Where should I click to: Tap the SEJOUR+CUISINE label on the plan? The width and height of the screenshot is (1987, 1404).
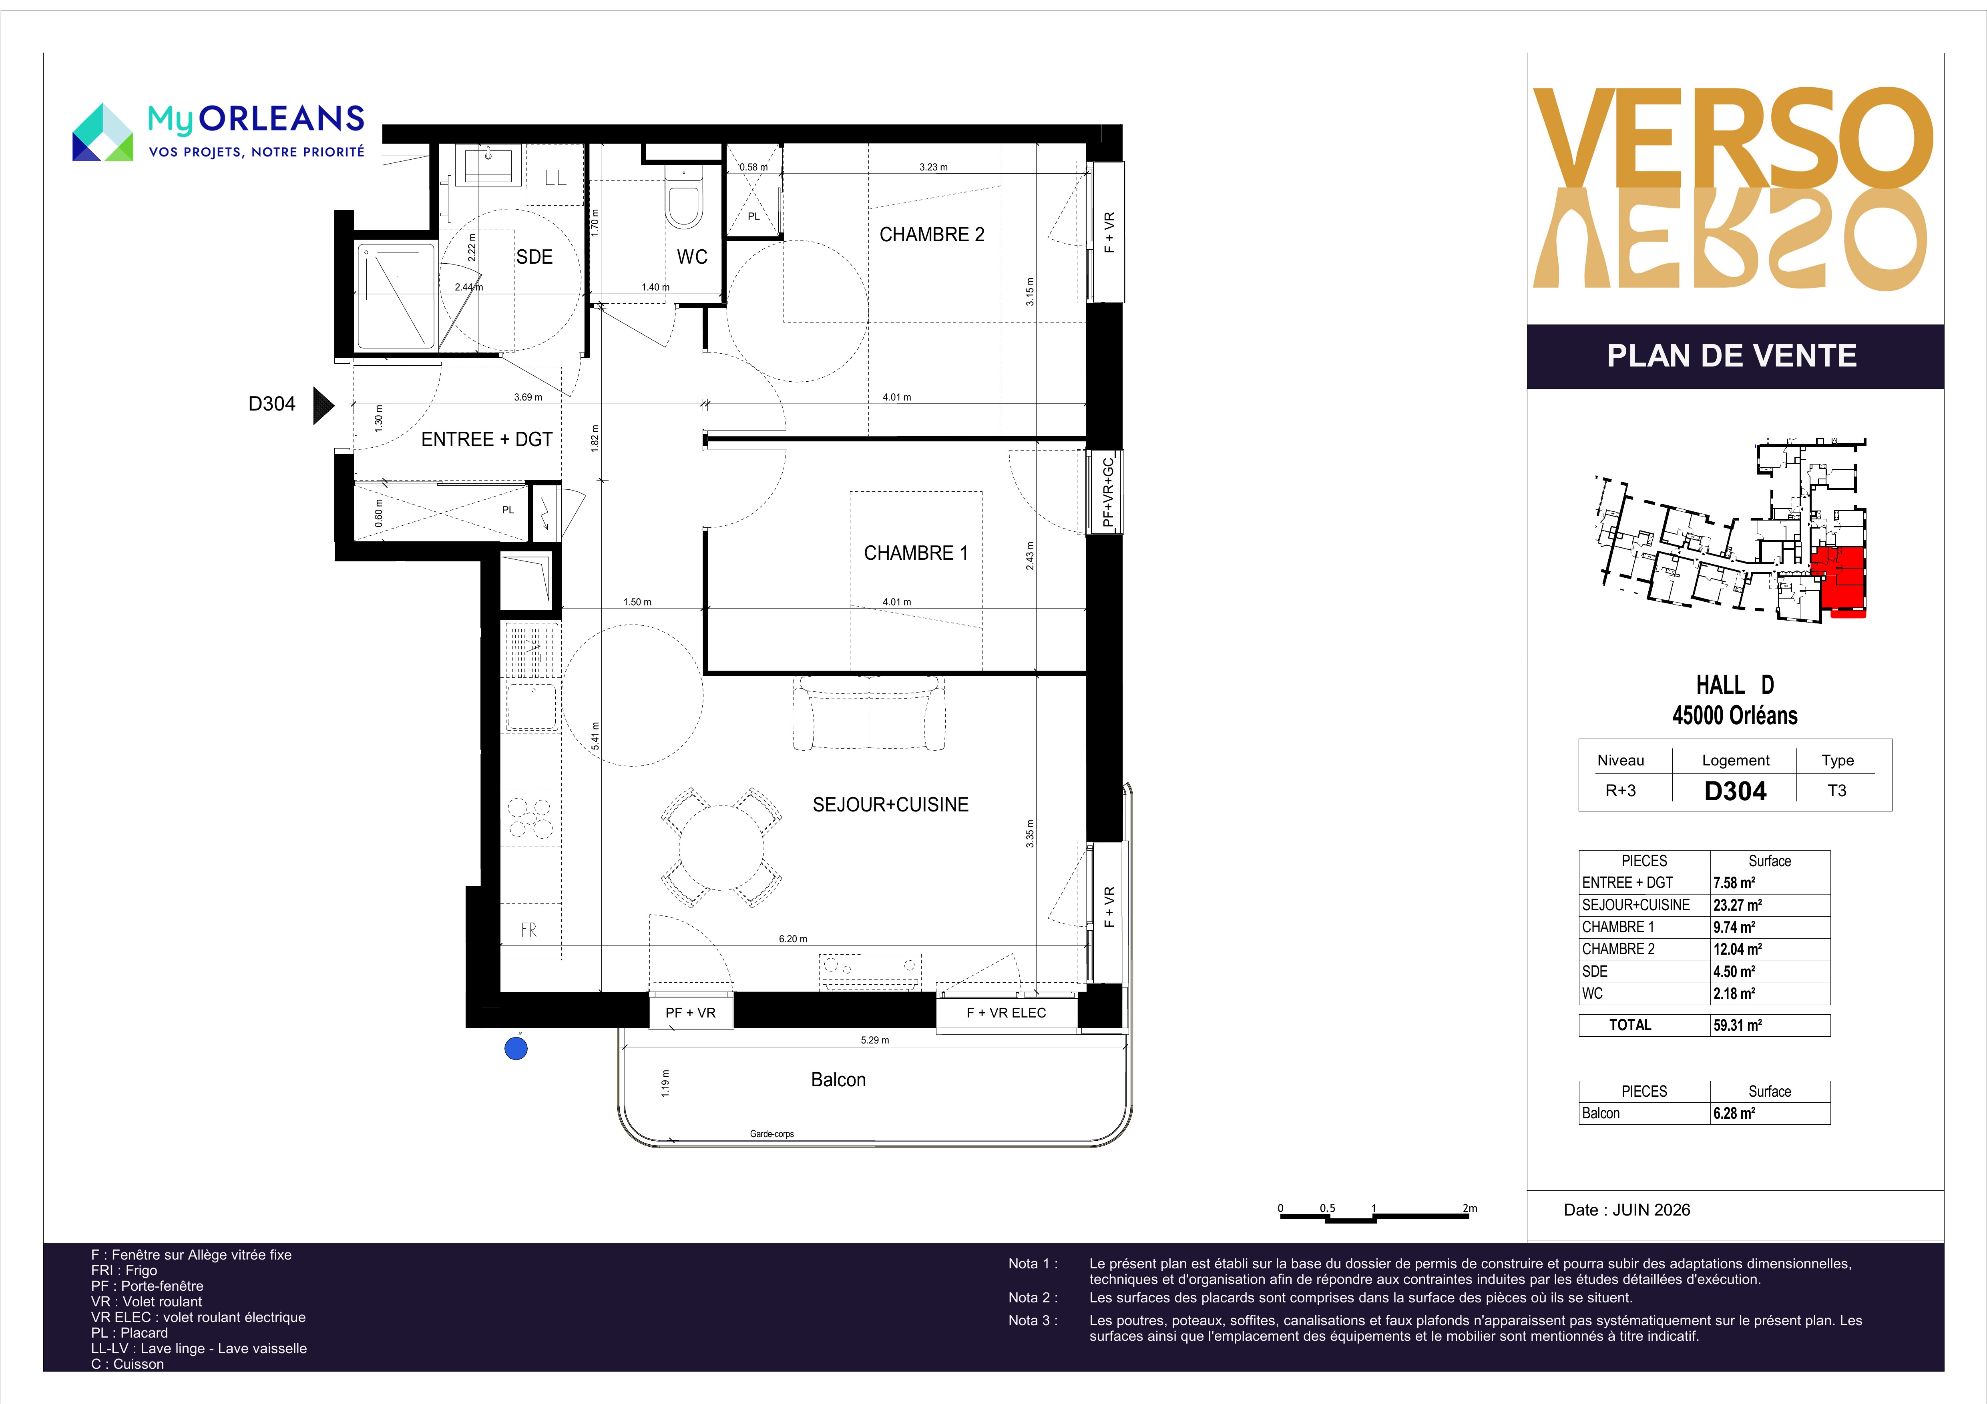pyautogui.click(x=890, y=805)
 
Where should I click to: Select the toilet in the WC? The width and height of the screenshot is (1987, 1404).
pyautogui.click(x=684, y=199)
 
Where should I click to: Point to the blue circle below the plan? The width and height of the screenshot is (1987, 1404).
pyautogui.click(x=516, y=1049)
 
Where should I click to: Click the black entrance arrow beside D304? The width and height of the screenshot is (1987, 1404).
pyautogui.click(x=323, y=405)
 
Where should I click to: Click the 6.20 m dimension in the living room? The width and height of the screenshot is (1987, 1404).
pyautogui.click(x=793, y=939)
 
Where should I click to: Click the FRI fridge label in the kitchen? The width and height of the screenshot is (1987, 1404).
pyautogui.click(x=530, y=930)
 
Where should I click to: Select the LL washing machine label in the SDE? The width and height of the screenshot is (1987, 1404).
pyautogui.click(x=556, y=178)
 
